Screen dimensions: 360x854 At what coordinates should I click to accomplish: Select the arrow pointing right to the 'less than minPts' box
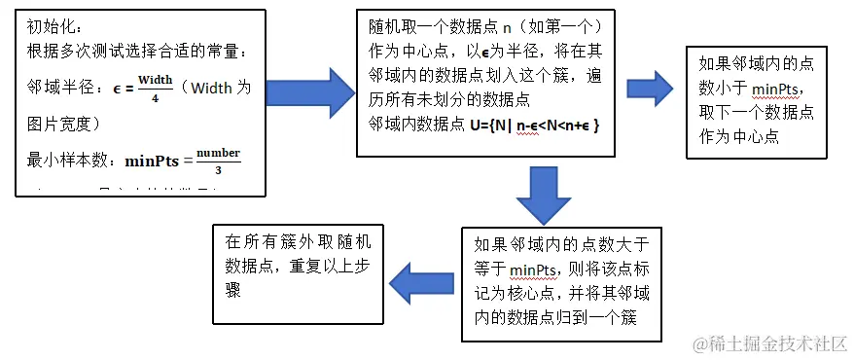[x=650, y=89]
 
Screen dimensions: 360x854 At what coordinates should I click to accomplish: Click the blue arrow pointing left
[x=420, y=284]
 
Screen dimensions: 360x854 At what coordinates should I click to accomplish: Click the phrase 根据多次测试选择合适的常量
[x=126, y=50]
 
